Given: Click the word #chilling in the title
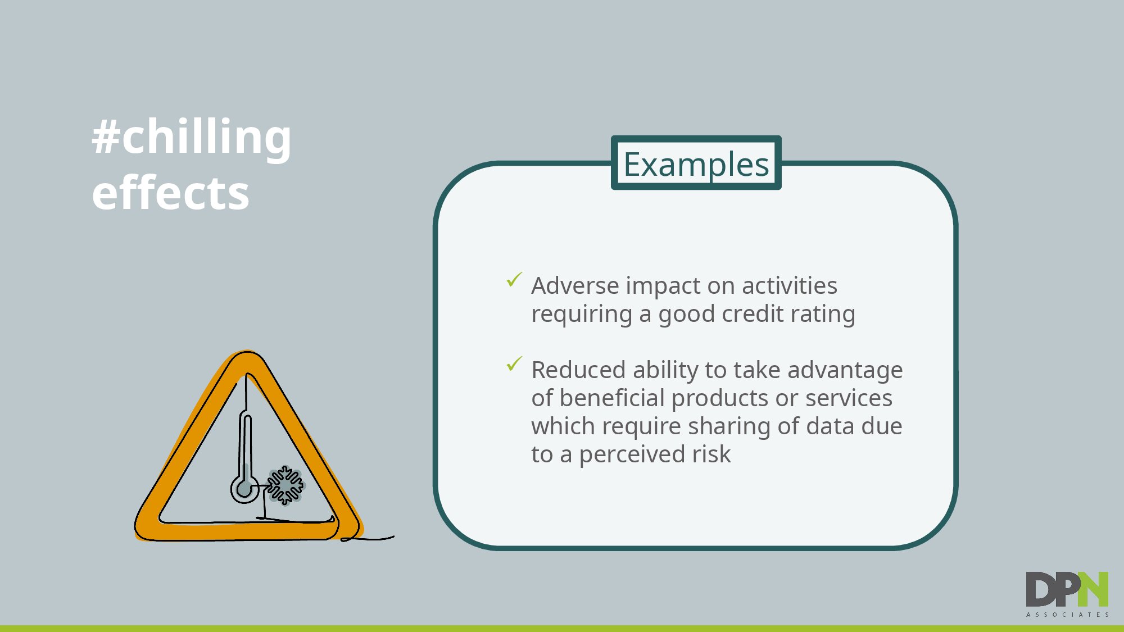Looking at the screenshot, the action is pos(192,137).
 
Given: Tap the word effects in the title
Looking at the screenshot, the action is pos(170,193).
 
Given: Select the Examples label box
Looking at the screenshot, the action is pos(696,163).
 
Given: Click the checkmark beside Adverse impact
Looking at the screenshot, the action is pos(514,279).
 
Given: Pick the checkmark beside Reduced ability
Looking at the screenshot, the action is pos(514,363).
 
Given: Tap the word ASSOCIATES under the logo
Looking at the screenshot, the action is pos(1067,615).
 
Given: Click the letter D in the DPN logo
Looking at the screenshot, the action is pos(1040,589).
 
